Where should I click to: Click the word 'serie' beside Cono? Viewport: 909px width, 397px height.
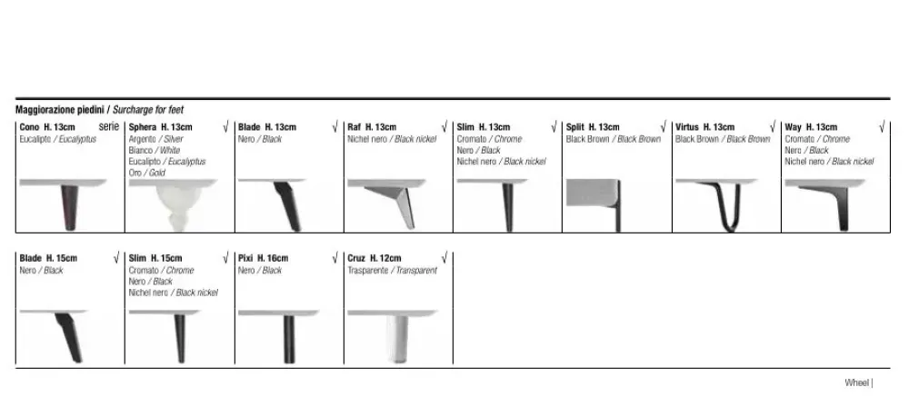(x=108, y=126)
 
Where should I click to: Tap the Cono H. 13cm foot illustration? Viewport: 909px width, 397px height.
(x=69, y=205)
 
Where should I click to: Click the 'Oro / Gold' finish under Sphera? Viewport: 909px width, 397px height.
(x=146, y=173)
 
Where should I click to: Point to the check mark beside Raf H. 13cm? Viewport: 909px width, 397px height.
(x=445, y=126)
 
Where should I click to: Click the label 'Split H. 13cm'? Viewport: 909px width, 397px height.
(x=593, y=127)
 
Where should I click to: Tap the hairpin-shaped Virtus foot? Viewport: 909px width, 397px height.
(x=721, y=205)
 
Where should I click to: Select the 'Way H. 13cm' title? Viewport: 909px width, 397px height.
(x=811, y=127)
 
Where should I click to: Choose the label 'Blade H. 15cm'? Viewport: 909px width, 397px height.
(x=48, y=258)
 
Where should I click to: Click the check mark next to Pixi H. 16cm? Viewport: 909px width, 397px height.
(x=335, y=258)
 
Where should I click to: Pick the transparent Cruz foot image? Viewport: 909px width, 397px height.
(x=398, y=337)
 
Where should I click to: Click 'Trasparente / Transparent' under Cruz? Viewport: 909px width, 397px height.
(x=393, y=270)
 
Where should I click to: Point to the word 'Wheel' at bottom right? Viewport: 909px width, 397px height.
(x=857, y=382)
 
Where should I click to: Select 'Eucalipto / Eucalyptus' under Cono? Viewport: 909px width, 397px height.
(x=58, y=139)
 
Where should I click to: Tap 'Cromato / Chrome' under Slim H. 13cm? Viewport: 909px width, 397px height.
(x=489, y=139)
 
